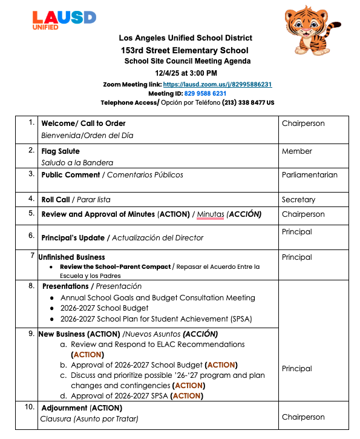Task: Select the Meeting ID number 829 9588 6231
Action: click(x=201, y=94)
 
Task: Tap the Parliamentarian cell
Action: click(x=309, y=175)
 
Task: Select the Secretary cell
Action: click(x=298, y=199)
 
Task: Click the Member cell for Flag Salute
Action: click(x=296, y=151)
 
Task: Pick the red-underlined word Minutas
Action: click(x=210, y=214)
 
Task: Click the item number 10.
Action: click(x=30, y=407)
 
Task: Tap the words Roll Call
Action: click(x=55, y=199)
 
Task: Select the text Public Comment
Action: click(x=70, y=175)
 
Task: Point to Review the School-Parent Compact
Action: click(x=115, y=266)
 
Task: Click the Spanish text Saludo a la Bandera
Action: click(x=77, y=162)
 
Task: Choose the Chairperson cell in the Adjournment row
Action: click(x=303, y=417)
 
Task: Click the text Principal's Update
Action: click(x=73, y=237)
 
